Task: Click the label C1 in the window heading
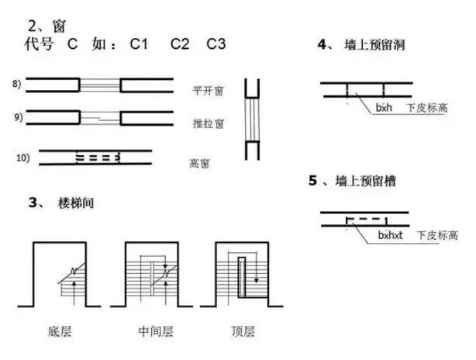click(139, 44)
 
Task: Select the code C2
click(180, 44)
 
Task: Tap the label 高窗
click(201, 164)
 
